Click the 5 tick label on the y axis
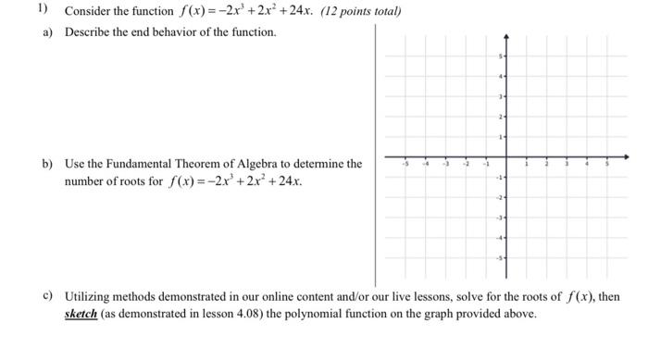coord(500,57)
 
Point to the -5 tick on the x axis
coord(404,157)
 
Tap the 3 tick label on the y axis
coord(500,97)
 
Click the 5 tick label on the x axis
coord(607,164)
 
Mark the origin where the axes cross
coord(505,157)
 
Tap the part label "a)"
coord(45,32)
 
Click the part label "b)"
coord(45,164)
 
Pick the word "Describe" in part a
coord(89,32)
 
